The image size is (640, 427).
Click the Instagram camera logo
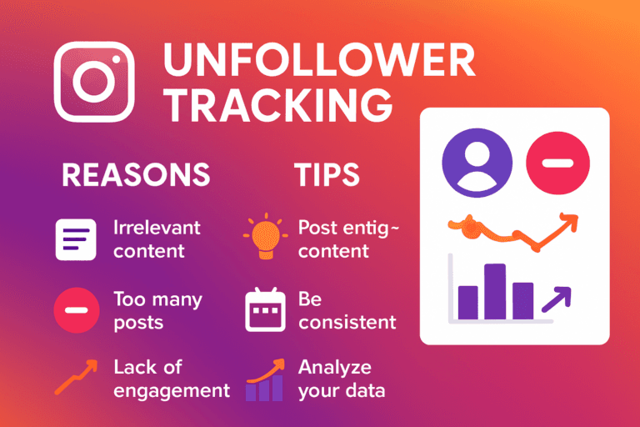pos(94,82)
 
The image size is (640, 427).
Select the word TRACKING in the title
pos(277,106)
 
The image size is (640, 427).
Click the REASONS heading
pos(136,174)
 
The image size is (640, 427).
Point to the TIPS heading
pos(327,174)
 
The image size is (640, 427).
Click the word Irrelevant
pos(157,227)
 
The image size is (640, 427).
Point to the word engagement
pos(171,389)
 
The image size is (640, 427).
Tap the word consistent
pos(347,322)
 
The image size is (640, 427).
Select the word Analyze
pos(335,367)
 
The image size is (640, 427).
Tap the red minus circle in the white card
pos(558,162)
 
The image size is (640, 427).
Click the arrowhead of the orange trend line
pos(569,221)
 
